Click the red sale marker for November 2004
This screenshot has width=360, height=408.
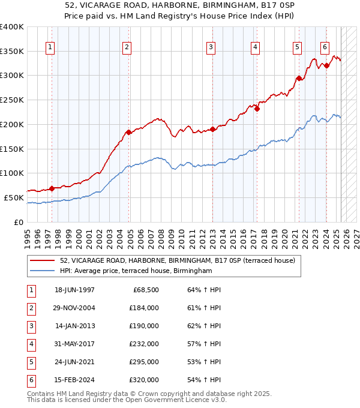point(128,132)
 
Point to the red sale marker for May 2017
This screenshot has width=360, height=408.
point(256,109)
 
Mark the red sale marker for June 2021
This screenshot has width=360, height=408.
point(299,78)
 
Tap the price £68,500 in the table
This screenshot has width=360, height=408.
point(144,290)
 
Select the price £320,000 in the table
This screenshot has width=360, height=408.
point(144,380)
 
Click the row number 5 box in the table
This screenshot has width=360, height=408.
point(31,362)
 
